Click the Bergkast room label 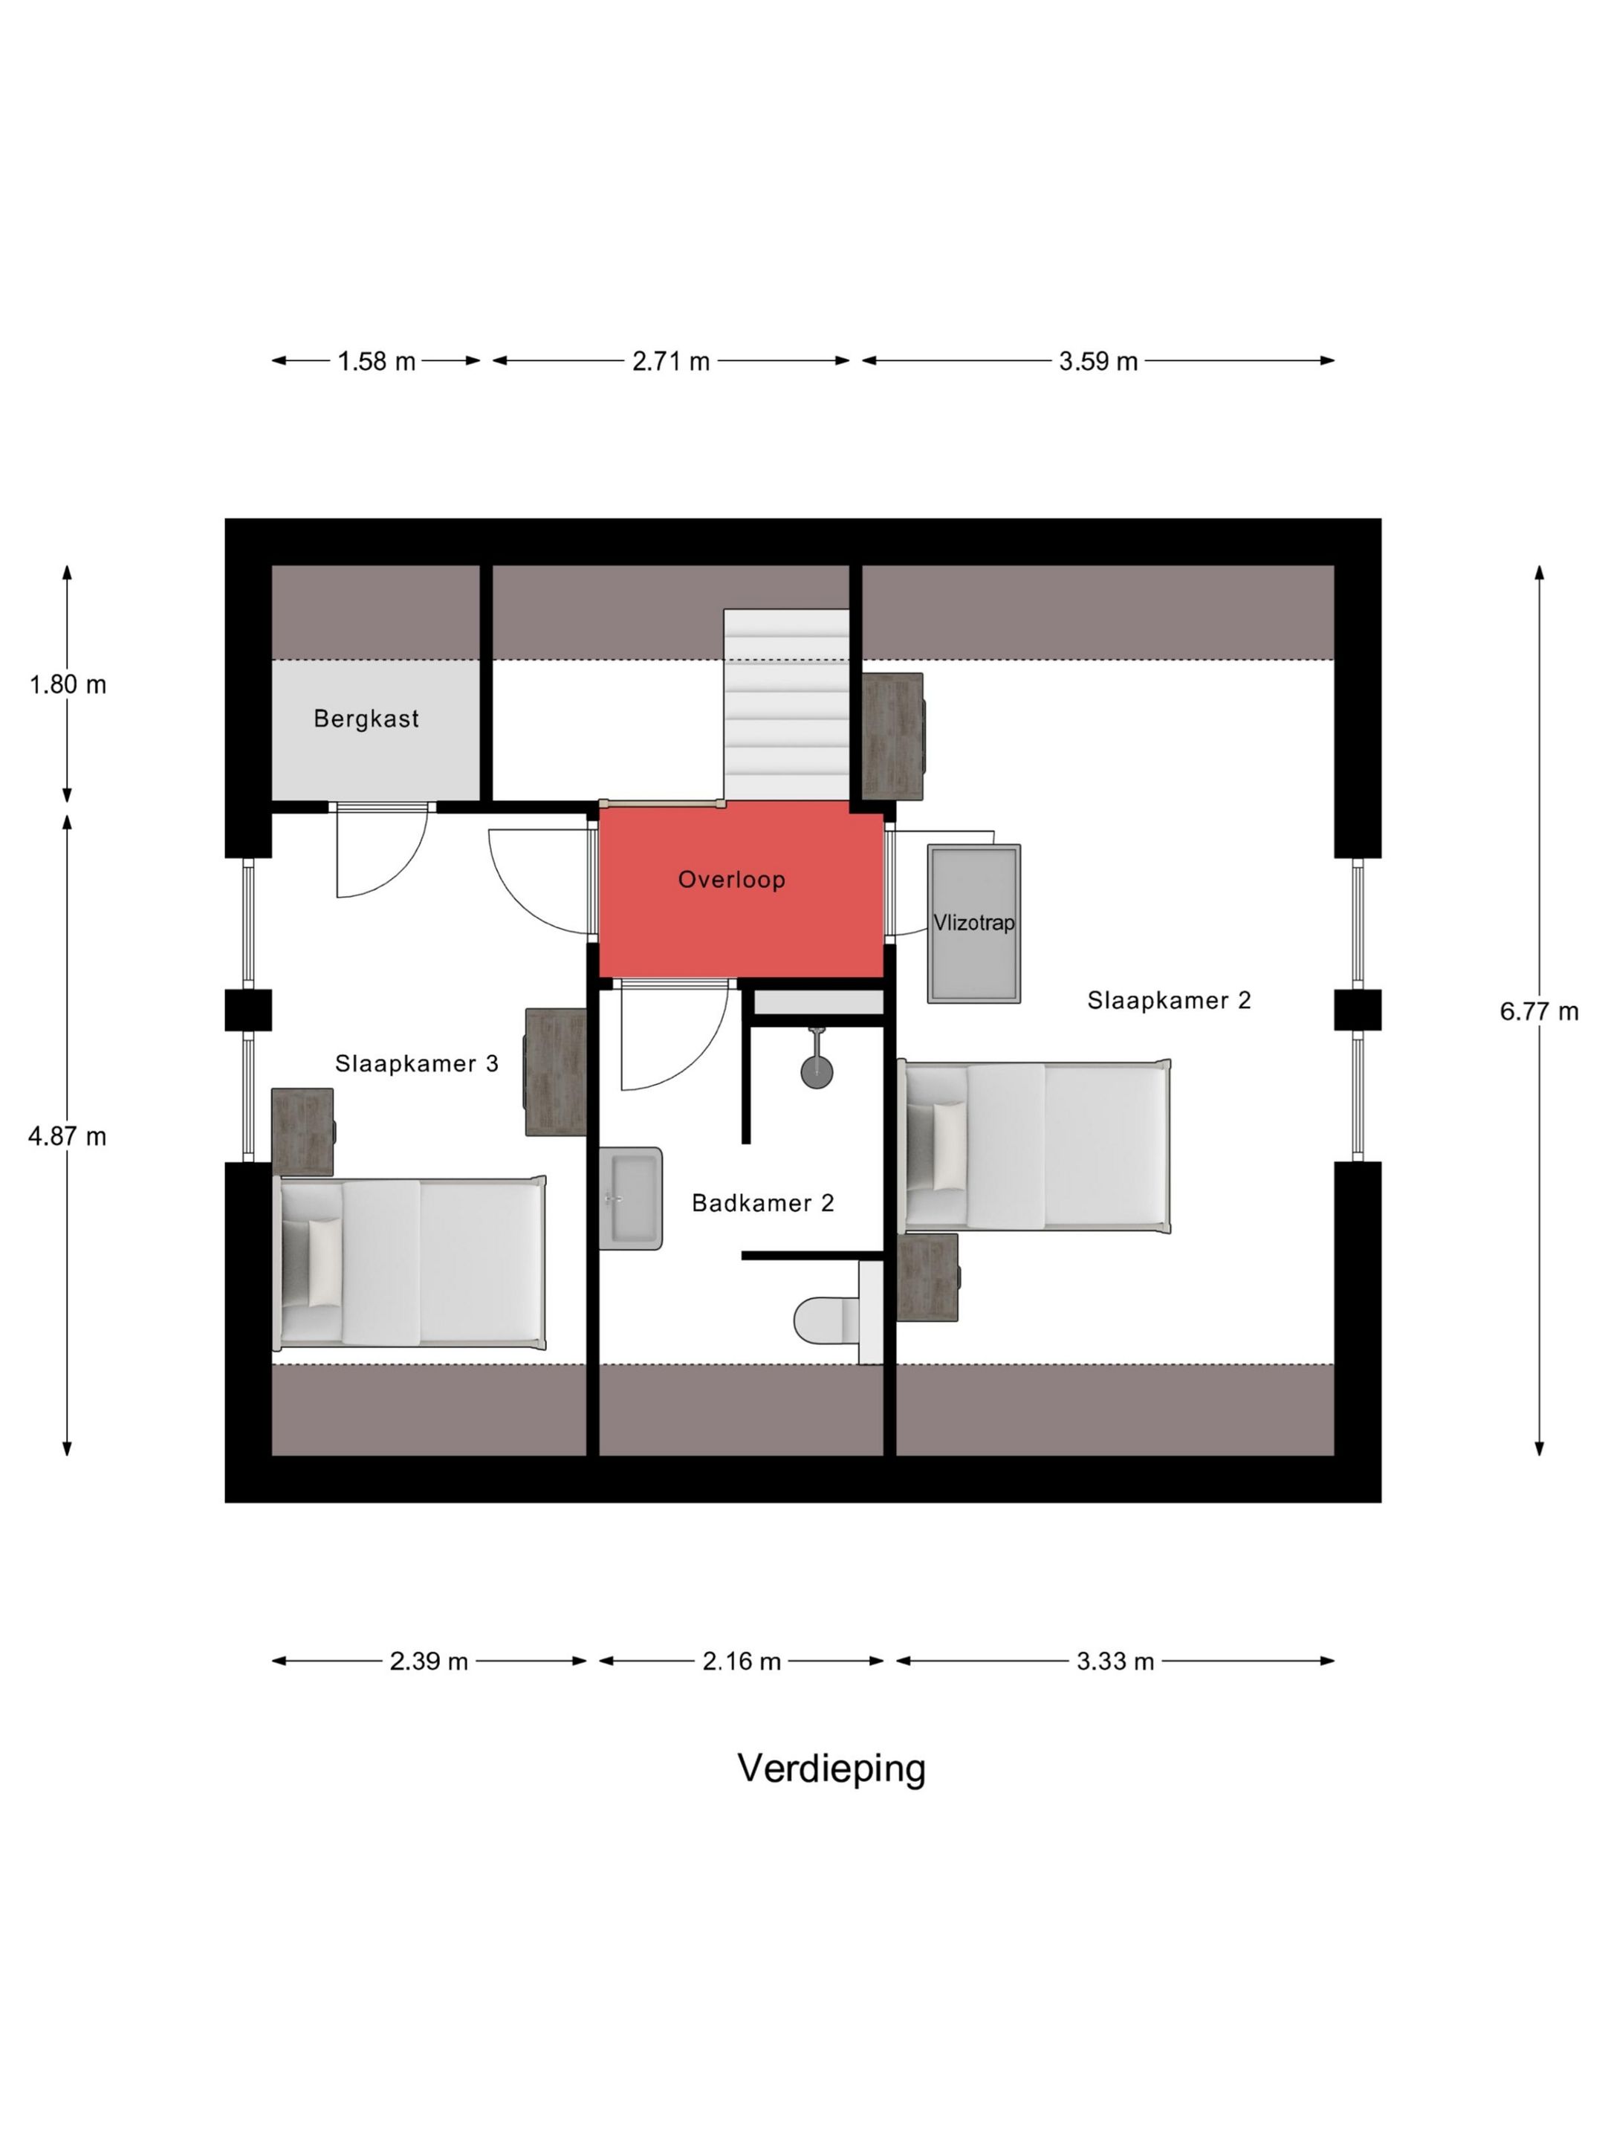tap(366, 718)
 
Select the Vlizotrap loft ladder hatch tap(973, 923)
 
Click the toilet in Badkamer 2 tap(827, 1320)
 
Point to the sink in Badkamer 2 tap(630, 1198)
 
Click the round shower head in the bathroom tap(817, 1070)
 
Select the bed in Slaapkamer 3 tap(411, 1262)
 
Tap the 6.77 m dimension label tap(1538, 1011)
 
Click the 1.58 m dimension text tap(376, 361)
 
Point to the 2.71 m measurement tap(670, 361)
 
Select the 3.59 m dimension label tap(1098, 361)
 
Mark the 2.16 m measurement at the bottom tap(741, 1661)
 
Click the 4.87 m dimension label tap(67, 1136)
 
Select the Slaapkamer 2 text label tap(1169, 999)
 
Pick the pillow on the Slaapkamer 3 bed tap(324, 1262)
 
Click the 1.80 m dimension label tap(67, 684)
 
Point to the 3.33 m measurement tap(1115, 1661)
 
